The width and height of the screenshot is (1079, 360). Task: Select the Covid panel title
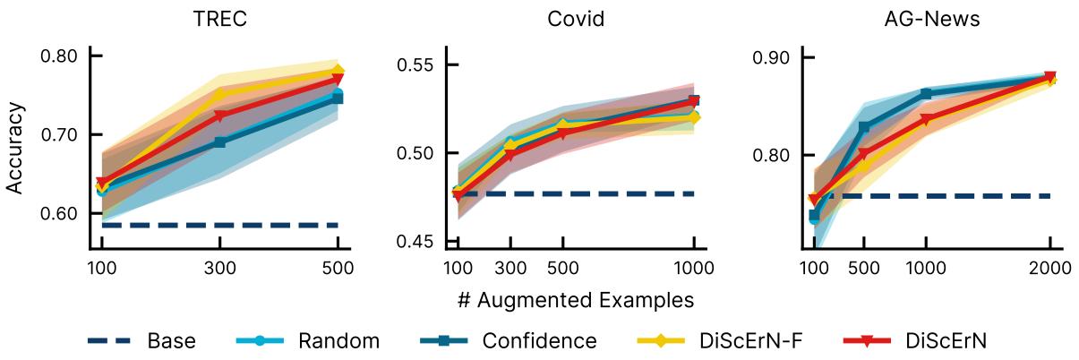574,18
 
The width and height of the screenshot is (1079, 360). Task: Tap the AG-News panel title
931,18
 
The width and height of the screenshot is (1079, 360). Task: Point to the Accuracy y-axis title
15,149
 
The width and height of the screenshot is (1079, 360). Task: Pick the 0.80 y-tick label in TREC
59,56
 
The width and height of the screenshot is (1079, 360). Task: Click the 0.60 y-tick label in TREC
59,213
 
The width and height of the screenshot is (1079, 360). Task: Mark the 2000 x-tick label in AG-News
1050,268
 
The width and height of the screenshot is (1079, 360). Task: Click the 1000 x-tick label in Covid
694,268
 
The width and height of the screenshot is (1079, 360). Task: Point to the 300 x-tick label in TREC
220,268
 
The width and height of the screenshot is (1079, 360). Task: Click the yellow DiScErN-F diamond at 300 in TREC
220,94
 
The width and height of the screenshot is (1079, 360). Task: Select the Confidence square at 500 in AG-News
864,127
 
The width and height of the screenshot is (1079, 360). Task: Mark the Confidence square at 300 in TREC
220,142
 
